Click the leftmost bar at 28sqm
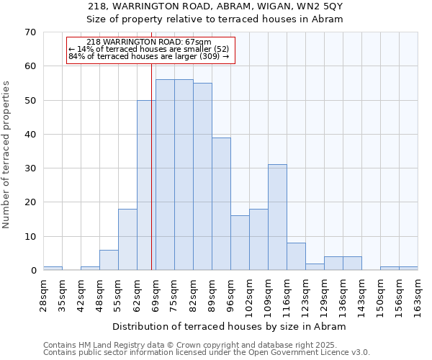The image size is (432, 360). pos(53,269)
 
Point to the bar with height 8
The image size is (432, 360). pos(296,256)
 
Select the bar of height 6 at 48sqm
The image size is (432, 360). pos(109,260)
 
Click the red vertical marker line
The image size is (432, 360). pos(151,180)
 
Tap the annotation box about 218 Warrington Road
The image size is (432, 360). pos(150,50)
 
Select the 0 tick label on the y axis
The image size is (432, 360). pos(33,271)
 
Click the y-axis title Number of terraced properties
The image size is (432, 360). pos(7,154)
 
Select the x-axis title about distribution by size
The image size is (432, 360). pos(230,326)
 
